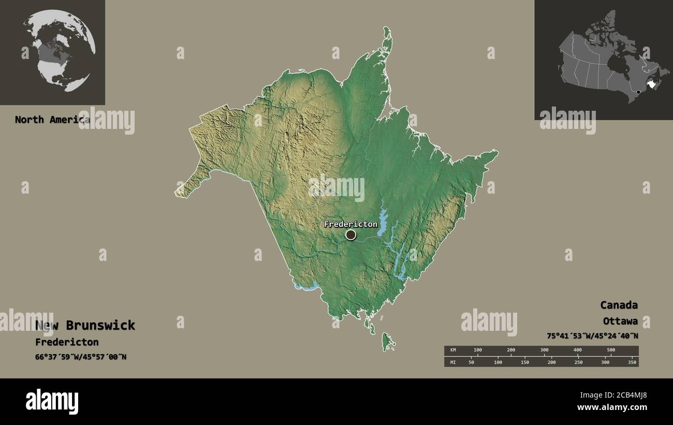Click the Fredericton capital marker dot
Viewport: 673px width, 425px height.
point(351,235)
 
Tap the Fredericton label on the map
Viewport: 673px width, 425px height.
point(350,224)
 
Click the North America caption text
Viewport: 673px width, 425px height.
point(52,120)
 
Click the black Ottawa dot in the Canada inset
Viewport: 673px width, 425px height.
point(638,92)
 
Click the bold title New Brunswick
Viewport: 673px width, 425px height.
point(85,325)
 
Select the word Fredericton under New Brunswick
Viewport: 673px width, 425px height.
point(67,342)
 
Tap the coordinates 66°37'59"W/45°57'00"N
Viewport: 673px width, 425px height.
point(80,357)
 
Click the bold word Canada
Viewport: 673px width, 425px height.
point(619,305)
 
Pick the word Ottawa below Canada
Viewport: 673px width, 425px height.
point(620,321)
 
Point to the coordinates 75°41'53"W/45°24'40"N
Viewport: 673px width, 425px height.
point(592,335)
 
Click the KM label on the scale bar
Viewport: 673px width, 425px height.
point(453,350)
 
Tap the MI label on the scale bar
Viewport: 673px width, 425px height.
point(453,362)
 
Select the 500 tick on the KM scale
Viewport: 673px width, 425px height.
point(611,350)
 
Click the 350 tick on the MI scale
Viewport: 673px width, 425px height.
point(632,362)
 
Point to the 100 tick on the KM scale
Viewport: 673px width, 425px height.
point(477,350)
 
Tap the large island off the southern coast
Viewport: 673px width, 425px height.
point(387,341)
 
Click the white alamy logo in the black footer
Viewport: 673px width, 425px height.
point(52,401)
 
